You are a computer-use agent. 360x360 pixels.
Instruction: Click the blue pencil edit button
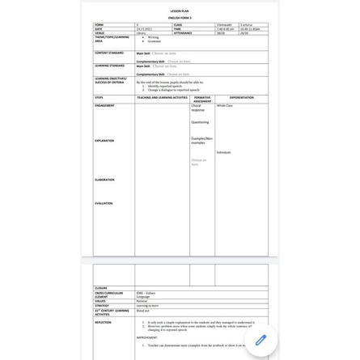click(260, 340)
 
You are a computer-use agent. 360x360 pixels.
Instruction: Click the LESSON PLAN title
click(180, 11)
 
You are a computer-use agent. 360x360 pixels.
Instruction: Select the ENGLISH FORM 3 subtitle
click(180, 17)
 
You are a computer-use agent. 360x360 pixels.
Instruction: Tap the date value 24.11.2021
click(146, 29)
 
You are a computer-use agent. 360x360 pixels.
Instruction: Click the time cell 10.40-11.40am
click(250, 29)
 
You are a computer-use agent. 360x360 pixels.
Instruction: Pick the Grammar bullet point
click(154, 41)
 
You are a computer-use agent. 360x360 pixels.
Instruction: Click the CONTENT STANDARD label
click(109, 53)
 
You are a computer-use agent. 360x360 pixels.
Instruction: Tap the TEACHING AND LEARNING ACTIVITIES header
click(163, 97)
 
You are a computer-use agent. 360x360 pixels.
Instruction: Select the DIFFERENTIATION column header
click(241, 97)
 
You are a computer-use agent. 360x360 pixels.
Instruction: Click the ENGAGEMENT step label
click(104, 105)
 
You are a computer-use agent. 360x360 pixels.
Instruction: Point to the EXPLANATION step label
click(104, 141)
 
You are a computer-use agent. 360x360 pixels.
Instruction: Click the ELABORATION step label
click(104, 180)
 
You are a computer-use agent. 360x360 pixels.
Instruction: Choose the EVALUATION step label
click(104, 203)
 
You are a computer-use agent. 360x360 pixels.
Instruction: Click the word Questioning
click(200, 122)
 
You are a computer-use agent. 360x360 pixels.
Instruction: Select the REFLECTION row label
click(103, 322)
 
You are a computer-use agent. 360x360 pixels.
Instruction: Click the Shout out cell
click(143, 310)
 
